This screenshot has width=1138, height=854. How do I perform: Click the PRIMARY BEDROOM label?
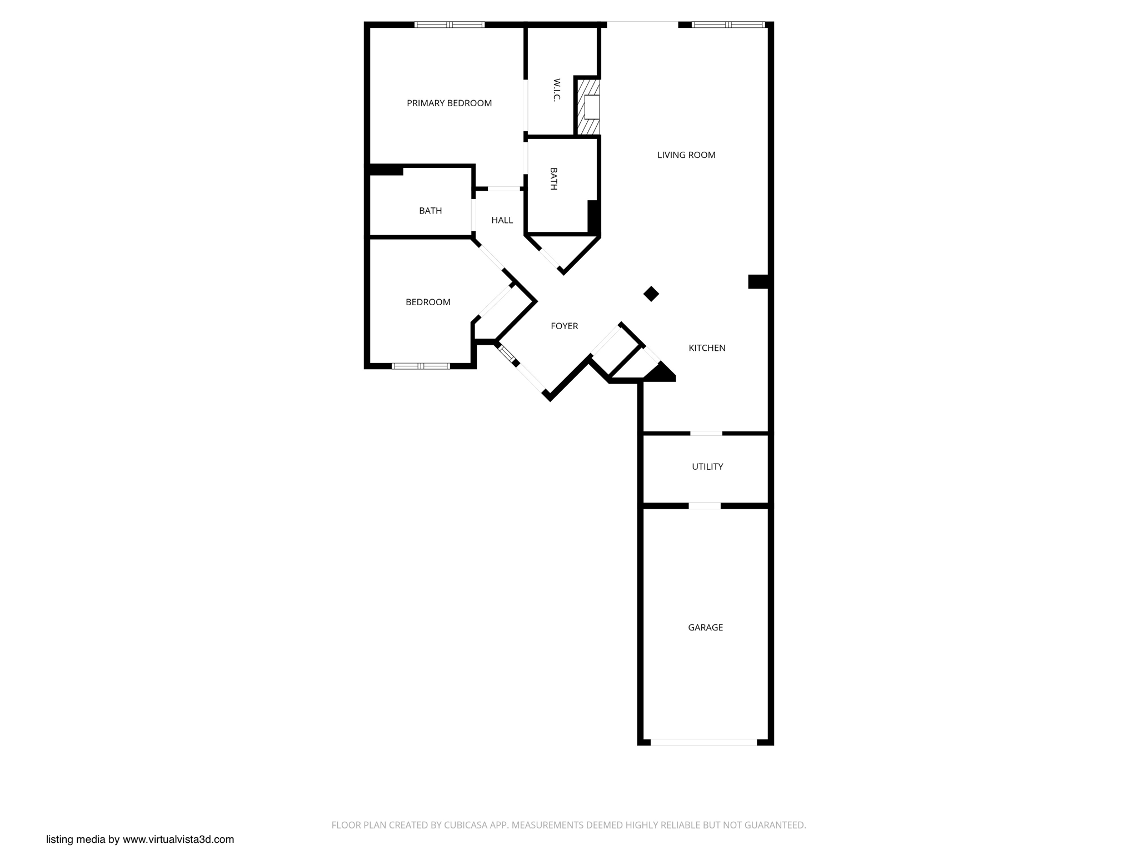(x=449, y=103)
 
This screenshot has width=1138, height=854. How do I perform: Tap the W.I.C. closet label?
(x=556, y=90)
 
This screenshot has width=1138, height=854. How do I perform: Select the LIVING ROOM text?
(x=686, y=155)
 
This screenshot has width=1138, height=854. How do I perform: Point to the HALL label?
(x=502, y=220)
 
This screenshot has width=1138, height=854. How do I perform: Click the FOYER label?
(x=564, y=326)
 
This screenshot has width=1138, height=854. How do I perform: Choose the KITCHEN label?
(x=707, y=347)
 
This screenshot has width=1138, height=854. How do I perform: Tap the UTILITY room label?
(x=707, y=466)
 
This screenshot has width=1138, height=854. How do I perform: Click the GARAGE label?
(x=705, y=627)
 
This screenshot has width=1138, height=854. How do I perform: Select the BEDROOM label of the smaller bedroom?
(x=428, y=302)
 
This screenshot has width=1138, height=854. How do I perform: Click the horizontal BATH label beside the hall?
(x=430, y=211)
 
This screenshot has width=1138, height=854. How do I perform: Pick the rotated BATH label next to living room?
(x=553, y=178)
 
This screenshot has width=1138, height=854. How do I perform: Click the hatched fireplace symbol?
(x=588, y=107)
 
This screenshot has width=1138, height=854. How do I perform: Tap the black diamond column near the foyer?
(x=651, y=294)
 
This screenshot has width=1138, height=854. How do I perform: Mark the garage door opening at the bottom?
(x=703, y=742)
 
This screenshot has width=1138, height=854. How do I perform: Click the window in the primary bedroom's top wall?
(x=450, y=24)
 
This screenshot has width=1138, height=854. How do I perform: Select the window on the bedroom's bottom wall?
(x=421, y=366)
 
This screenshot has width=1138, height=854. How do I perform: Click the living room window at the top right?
(x=728, y=24)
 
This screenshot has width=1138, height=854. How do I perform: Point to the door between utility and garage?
(x=705, y=506)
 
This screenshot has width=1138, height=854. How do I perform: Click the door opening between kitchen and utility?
(x=706, y=433)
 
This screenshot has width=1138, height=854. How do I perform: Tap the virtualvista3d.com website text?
(x=178, y=840)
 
